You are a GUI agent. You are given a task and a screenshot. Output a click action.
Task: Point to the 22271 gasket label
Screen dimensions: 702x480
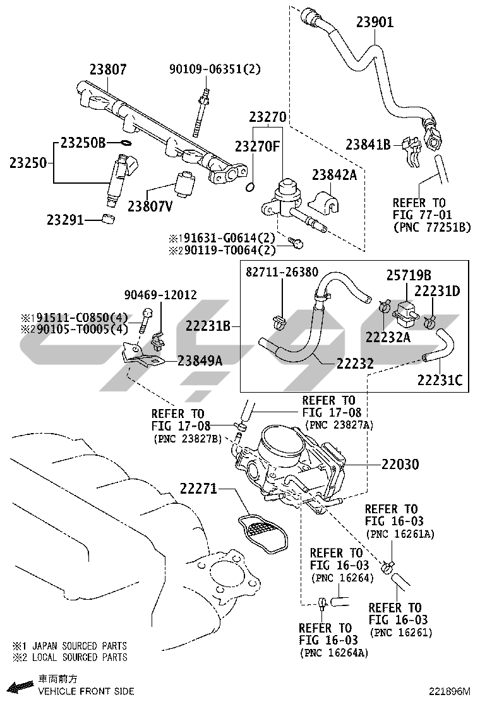[198, 488]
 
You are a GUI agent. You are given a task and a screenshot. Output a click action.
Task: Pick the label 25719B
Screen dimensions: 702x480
[409, 275]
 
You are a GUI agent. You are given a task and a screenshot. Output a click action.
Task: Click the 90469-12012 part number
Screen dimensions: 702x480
[160, 295]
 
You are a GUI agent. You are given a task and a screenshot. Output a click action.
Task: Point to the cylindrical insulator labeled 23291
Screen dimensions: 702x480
[109, 220]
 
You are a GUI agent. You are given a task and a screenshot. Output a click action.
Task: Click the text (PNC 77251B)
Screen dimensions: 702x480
[431, 227]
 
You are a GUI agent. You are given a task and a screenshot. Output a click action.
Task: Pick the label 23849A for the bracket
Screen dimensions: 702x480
[200, 360]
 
